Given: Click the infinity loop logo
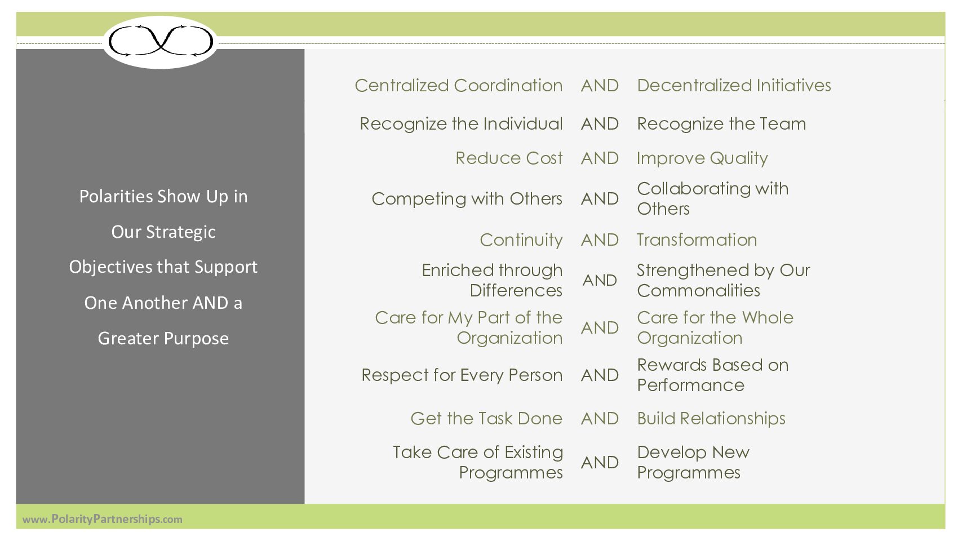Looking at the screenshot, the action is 161,41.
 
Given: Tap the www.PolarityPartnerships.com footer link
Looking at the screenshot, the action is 102,519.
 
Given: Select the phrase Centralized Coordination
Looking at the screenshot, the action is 459,86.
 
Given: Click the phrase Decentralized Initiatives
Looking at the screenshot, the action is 734,86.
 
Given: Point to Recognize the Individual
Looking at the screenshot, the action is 461,123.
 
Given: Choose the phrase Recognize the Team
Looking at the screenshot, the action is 721,123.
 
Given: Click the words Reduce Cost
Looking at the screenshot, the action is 509,158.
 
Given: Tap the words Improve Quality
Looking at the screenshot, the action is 702,158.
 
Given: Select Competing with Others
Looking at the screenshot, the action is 467,199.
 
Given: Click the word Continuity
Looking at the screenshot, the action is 521,240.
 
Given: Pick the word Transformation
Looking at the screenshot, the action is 697,240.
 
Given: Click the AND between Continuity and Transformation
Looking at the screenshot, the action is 600,240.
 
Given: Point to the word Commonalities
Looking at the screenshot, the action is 698,291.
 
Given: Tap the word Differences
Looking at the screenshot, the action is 516,291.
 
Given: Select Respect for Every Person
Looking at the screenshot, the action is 462,375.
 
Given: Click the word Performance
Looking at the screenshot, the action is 690,385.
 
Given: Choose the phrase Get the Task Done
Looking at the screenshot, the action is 486,418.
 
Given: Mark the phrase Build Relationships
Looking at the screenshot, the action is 711,419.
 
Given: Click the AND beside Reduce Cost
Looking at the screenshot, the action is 600,158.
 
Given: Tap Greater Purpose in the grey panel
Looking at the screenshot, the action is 163,338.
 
